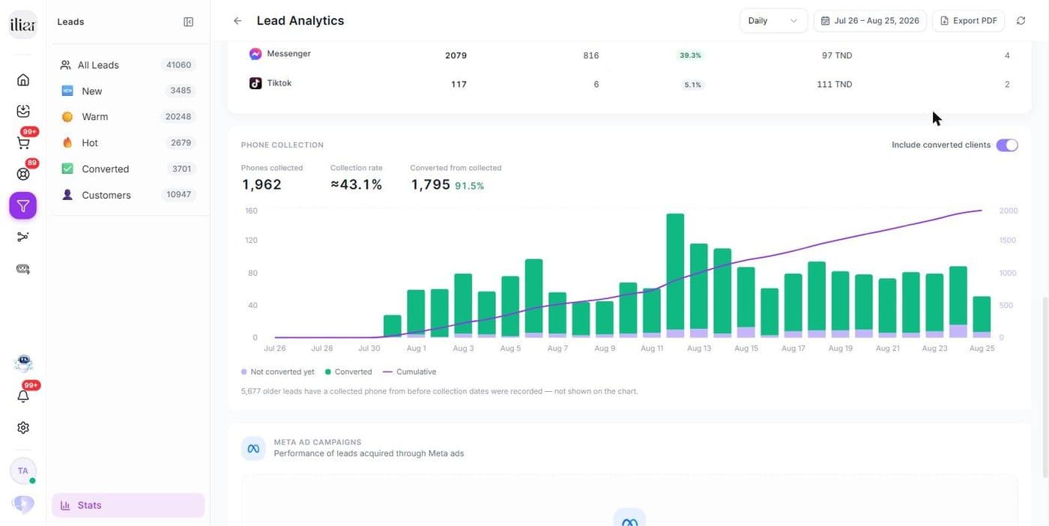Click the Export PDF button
coord(968,21)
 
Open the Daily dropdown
coord(773,21)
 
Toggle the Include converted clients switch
coord(1007,145)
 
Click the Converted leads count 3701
coord(181,169)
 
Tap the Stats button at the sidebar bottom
coord(128,505)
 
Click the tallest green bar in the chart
coord(675,272)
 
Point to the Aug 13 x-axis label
coord(698,348)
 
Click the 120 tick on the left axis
coord(251,241)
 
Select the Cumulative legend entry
coord(410,372)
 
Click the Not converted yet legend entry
coord(278,372)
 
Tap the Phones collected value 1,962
coord(262,184)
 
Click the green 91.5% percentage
coord(469,186)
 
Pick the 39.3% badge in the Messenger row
coord(690,55)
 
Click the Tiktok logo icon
coord(256,83)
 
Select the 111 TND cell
coord(835,85)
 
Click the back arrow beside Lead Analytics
coord(238,21)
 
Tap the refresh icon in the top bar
coord(1021,21)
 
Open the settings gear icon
coord(23,428)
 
